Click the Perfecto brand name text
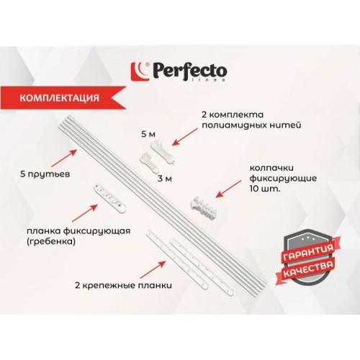(189, 71)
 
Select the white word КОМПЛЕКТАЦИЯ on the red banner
(59, 98)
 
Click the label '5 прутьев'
(45, 174)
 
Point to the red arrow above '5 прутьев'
(64, 158)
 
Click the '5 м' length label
(148, 134)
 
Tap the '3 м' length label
(165, 179)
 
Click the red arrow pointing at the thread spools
(185, 137)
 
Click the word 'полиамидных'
(230, 125)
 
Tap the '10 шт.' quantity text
(265, 189)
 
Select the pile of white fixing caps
(204, 206)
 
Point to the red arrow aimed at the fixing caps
(228, 189)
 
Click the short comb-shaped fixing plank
(109, 197)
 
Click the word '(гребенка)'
(51, 242)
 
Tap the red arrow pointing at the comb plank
(85, 213)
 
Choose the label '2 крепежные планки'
(123, 286)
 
